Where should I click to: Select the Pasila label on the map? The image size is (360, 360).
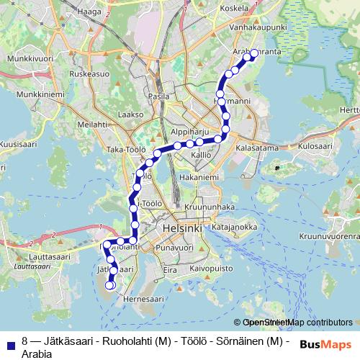[158, 96]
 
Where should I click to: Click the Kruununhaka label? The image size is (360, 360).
[211, 207]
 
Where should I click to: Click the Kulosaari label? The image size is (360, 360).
[314, 145]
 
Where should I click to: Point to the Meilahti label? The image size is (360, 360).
[91, 125]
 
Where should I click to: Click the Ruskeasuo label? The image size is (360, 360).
[90, 73]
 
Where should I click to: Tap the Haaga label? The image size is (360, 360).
[89, 12]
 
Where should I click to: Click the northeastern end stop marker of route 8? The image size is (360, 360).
[254, 53]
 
